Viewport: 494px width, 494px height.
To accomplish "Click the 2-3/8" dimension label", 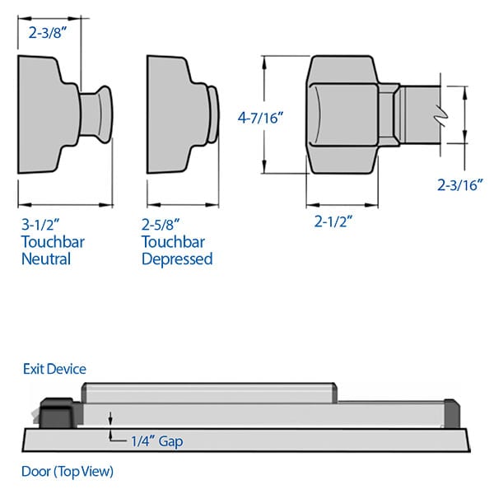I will click(x=48, y=35).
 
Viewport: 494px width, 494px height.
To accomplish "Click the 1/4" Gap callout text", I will click(x=157, y=441).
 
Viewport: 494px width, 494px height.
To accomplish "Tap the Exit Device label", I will click(x=54, y=369).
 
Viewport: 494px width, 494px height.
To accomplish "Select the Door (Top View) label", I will click(x=68, y=472).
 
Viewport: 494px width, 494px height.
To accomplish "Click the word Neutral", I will click(x=46, y=259).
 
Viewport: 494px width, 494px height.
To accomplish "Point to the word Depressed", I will click(x=177, y=259).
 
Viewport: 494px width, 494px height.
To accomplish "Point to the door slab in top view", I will click(x=247, y=440).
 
